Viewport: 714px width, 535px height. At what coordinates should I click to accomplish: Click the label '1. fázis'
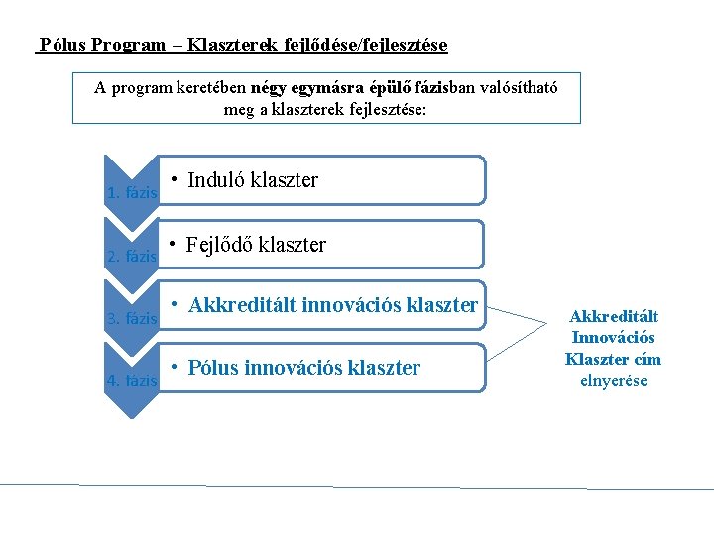point(132,193)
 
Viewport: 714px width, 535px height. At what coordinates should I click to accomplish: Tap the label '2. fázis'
point(132,257)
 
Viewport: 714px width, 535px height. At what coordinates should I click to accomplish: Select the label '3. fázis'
point(132,319)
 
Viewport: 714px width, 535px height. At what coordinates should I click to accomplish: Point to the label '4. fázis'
point(132,380)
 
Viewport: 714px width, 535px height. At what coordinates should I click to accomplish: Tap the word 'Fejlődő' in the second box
point(219,245)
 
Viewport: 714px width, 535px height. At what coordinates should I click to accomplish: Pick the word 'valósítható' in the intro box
point(519,87)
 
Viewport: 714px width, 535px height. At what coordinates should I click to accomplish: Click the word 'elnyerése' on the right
point(613,379)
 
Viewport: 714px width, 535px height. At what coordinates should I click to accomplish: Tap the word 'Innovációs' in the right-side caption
point(613,338)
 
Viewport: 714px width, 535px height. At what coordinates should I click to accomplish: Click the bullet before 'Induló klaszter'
point(173,179)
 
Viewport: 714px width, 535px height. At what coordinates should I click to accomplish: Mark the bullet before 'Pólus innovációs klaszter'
point(173,368)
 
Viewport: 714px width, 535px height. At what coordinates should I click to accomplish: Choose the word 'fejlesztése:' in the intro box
point(389,109)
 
